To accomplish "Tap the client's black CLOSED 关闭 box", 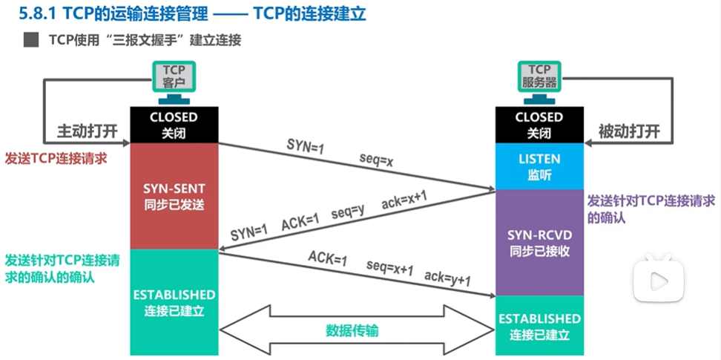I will (x=174, y=124).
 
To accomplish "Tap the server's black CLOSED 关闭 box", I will (x=539, y=124).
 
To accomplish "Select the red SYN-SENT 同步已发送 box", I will (x=174, y=196).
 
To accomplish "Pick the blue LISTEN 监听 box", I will (x=539, y=166).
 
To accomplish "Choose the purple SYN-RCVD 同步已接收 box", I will (x=539, y=242).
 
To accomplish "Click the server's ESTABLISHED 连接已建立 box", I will (x=539, y=326).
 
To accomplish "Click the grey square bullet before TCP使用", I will (x=31, y=40).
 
